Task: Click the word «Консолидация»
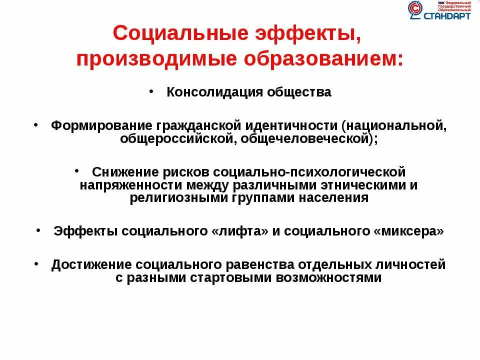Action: (209, 92)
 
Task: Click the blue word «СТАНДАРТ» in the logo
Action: (446, 16)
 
